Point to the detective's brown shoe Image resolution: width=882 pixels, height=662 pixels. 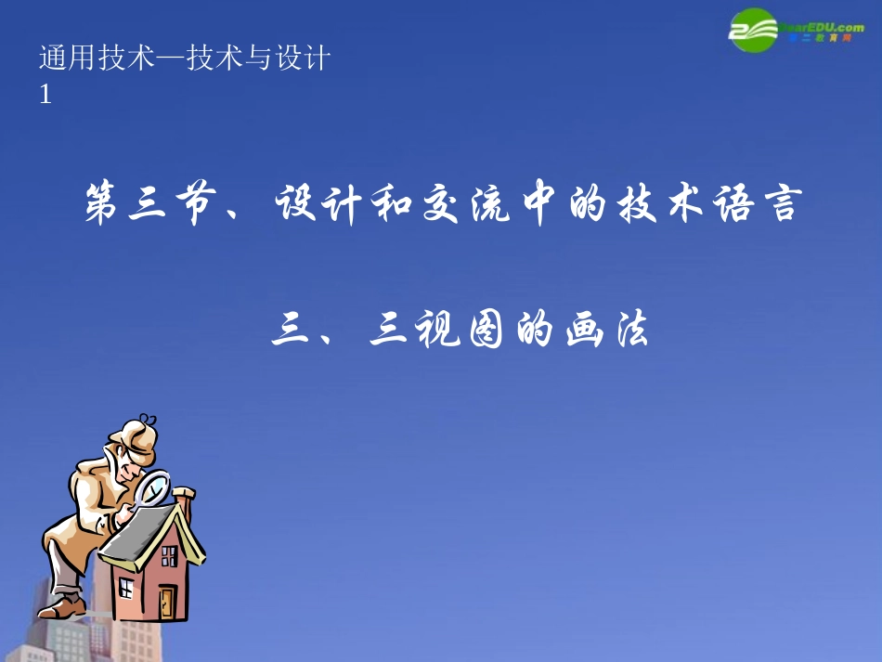point(61,607)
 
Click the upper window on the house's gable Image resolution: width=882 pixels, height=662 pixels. point(169,556)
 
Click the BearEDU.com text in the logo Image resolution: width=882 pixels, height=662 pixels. point(825,28)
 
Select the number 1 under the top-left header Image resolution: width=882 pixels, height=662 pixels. point(45,94)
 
